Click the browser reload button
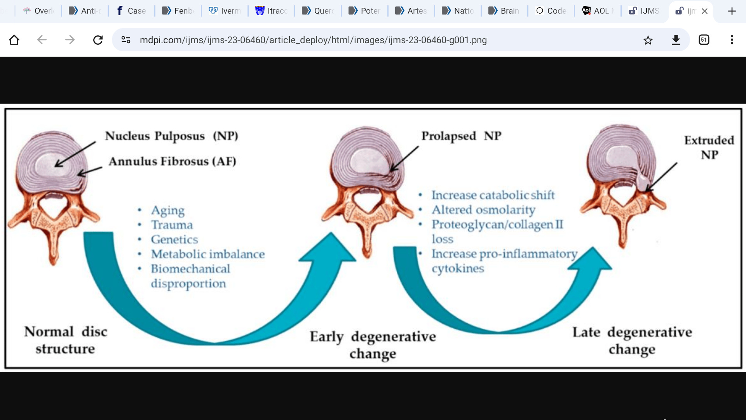tap(98, 40)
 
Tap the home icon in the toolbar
tap(14, 40)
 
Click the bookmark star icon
tap(648, 40)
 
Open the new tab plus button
tap(732, 11)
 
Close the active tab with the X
tap(704, 11)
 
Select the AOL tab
tap(597, 11)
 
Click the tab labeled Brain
tap(504, 11)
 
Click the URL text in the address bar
tap(313, 40)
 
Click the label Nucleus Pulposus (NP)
tap(171, 136)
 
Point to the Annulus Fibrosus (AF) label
tap(172, 161)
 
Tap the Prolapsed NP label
tap(461, 136)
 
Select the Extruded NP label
tap(709, 147)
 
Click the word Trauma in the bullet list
tap(172, 225)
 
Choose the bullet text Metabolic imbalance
tap(208, 254)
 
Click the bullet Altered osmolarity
tap(483, 210)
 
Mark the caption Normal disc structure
tap(65, 340)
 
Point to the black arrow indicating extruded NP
tap(662, 177)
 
